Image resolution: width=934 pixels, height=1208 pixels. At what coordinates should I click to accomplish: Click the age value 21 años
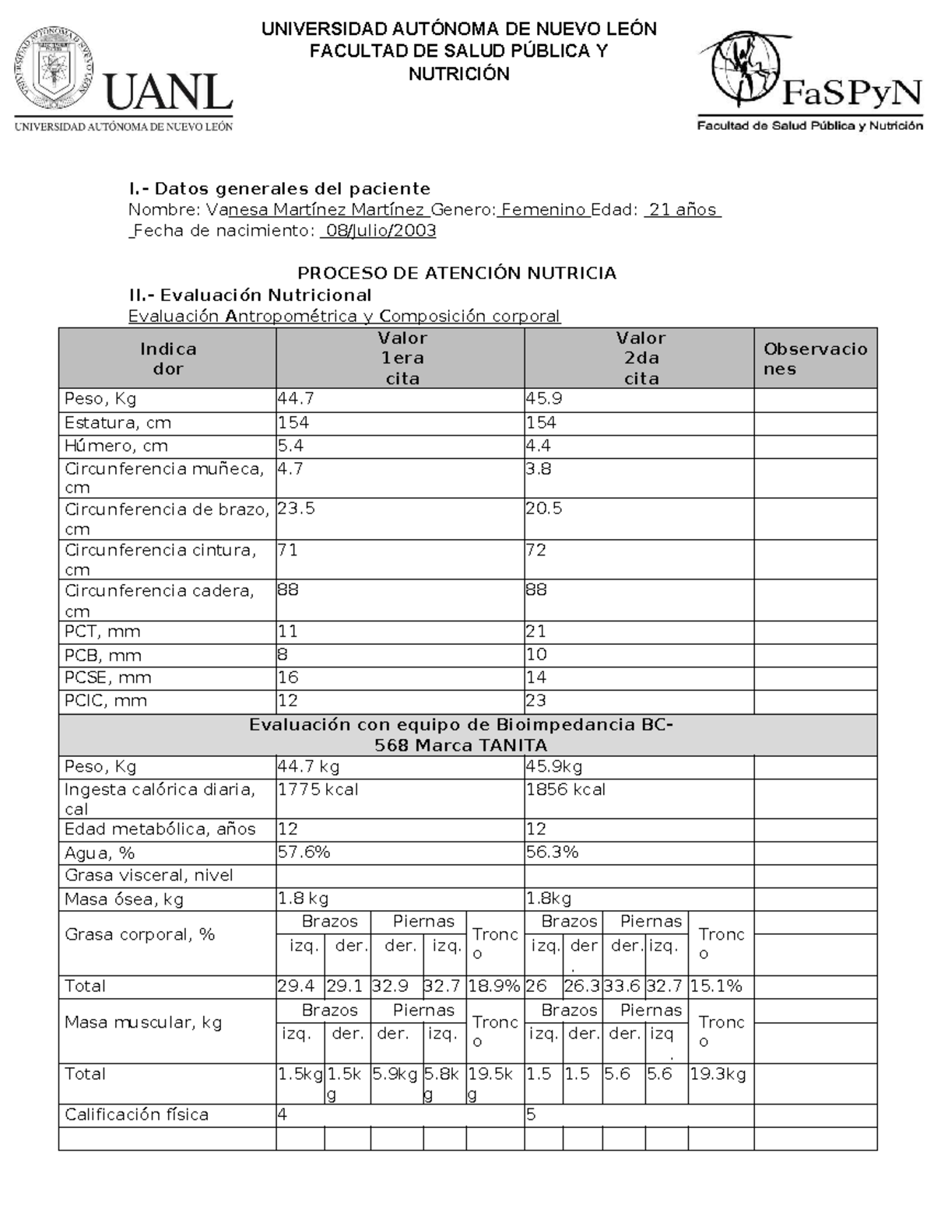click(x=682, y=210)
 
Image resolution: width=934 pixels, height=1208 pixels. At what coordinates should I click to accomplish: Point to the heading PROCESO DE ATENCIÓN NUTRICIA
click(x=457, y=273)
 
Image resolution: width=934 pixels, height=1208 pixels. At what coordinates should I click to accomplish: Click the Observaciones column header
click(x=815, y=359)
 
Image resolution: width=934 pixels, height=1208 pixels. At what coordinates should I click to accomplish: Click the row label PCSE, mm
click(x=108, y=678)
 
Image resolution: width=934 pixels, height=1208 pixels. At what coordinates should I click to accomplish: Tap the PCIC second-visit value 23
click(x=536, y=700)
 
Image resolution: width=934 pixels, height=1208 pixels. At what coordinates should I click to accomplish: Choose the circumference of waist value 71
click(x=288, y=551)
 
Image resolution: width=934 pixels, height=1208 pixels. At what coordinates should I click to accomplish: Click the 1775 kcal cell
click(x=318, y=790)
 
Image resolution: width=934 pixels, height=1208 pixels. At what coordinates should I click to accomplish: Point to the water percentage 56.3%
click(x=552, y=853)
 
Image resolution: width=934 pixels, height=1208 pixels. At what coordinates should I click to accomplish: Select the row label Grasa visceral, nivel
click(x=149, y=876)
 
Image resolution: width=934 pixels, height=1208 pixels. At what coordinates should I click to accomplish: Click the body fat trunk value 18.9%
click(x=494, y=986)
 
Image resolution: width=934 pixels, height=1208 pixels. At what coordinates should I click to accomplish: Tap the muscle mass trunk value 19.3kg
click(x=718, y=1075)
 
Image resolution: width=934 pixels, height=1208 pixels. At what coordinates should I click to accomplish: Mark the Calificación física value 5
click(x=531, y=1115)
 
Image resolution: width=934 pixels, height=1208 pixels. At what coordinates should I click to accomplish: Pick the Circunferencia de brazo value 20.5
click(x=544, y=509)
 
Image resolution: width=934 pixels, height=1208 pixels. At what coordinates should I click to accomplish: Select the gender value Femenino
click(x=543, y=210)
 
